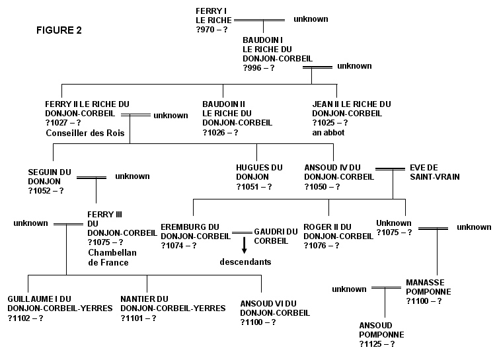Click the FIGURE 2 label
[x=59, y=30]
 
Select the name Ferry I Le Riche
[x=213, y=16]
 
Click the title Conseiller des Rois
[x=85, y=133]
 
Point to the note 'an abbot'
[x=328, y=133]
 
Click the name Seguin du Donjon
[x=50, y=177]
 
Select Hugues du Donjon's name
[x=259, y=172]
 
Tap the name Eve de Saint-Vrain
[x=435, y=172]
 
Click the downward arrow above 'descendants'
[x=244, y=245]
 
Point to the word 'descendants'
[x=245, y=262]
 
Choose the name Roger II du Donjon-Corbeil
[x=338, y=232]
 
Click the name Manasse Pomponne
[x=428, y=287]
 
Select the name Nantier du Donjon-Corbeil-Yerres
[x=173, y=304]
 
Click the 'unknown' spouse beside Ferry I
[x=311, y=19]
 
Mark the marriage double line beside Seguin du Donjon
[x=91, y=178]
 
